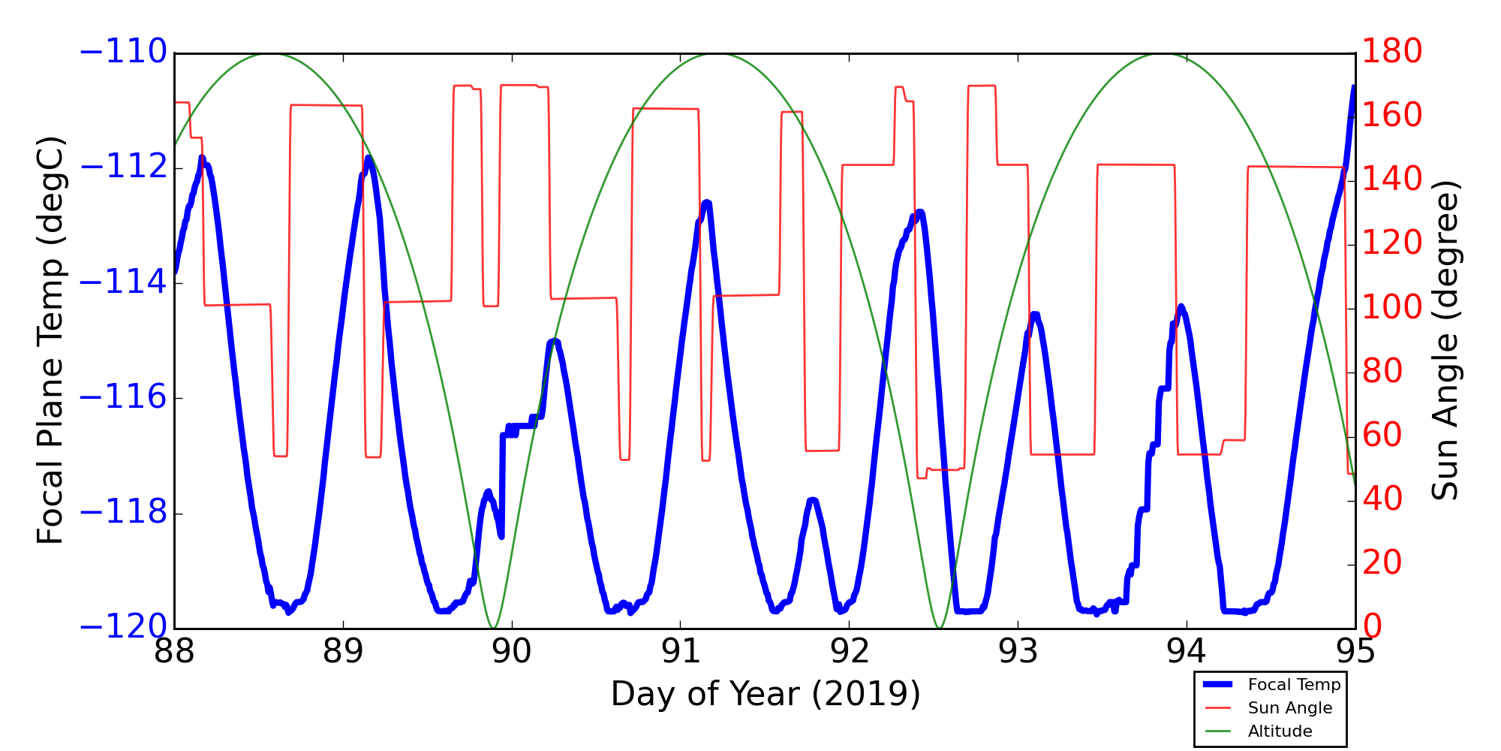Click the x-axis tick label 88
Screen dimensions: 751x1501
click(x=174, y=652)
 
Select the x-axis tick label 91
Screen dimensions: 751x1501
click(x=681, y=652)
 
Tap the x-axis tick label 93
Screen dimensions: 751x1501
click(x=1018, y=652)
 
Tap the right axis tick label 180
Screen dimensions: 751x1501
click(x=1391, y=53)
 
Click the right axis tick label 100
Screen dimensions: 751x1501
click(x=1391, y=308)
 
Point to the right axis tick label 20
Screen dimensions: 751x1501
click(x=1382, y=563)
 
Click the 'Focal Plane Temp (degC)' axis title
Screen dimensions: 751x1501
click(x=50, y=340)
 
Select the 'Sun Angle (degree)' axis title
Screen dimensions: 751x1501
click(x=1445, y=340)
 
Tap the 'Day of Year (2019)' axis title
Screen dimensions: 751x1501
click(x=766, y=694)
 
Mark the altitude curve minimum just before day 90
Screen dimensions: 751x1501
click(x=493, y=627)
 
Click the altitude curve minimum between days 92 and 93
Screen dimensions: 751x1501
click(x=939, y=627)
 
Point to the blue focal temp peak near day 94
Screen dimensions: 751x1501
click(x=1181, y=306)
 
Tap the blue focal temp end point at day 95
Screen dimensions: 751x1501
click(x=1354, y=86)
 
